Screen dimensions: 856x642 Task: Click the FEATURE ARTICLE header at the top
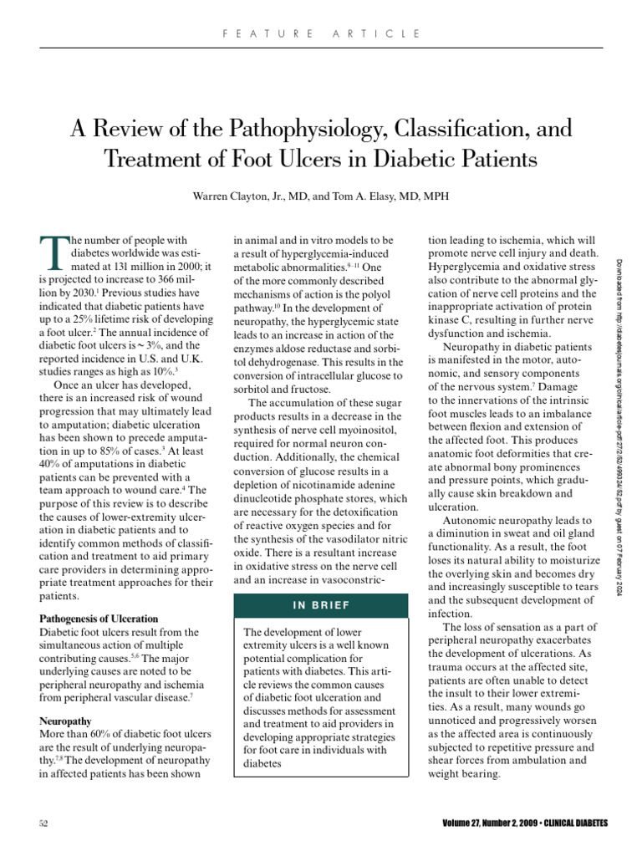coord(322,33)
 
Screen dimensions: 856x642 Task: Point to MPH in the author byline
coord(436,196)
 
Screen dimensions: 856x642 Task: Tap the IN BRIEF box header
coord(322,605)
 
